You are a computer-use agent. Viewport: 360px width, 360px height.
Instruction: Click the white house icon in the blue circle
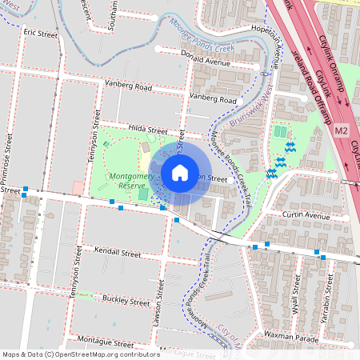coord(179,172)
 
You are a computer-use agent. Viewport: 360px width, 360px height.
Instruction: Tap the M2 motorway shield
coord(342,130)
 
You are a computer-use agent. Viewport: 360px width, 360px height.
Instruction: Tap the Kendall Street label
coord(117,252)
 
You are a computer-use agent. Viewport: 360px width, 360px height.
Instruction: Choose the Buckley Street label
coord(126,302)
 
